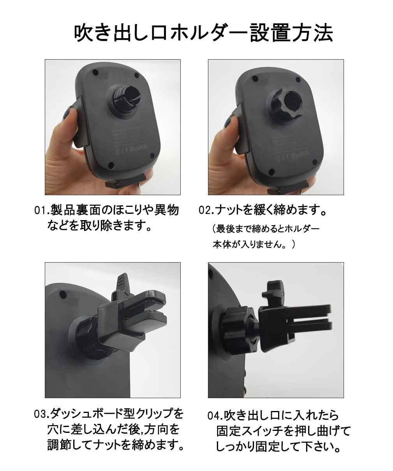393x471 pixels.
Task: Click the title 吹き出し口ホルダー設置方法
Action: pyautogui.click(x=203, y=34)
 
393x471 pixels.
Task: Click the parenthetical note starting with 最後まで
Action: pyautogui.click(x=266, y=237)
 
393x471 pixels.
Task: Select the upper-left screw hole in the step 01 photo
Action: pyautogui.click(x=95, y=73)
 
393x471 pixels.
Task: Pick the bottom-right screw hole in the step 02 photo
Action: pyautogui.click(x=315, y=162)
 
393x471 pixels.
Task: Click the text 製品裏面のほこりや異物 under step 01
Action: pyautogui.click(x=115, y=210)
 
